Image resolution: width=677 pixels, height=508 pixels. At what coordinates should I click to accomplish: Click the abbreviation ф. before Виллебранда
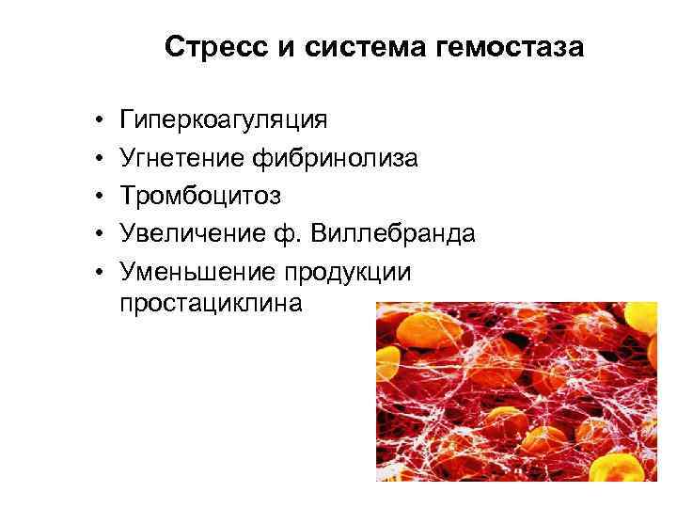(x=276, y=234)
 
